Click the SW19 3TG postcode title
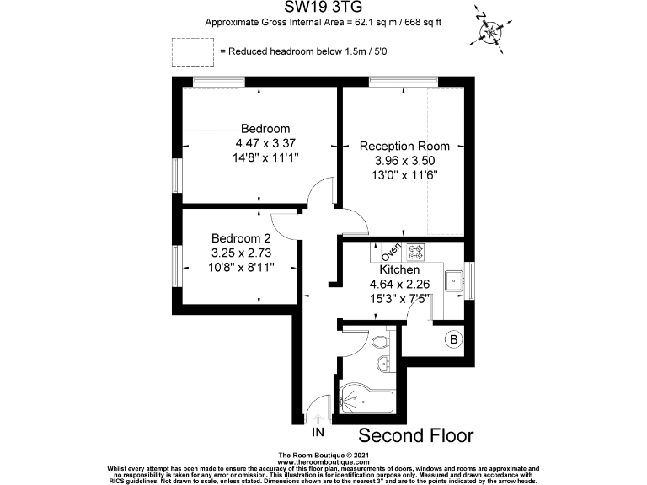(x=323, y=8)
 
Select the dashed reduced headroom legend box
(x=192, y=51)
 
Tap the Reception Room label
(x=404, y=146)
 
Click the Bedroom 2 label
(x=241, y=237)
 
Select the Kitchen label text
(x=399, y=269)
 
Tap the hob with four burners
(x=416, y=250)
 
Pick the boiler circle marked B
(x=453, y=339)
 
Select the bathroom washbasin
(x=384, y=364)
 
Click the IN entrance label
(x=318, y=433)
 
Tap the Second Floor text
(x=416, y=435)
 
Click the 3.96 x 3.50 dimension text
(x=404, y=160)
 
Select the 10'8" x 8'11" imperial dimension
(x=241, y=266)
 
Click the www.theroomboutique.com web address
(x=323, y=462)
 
